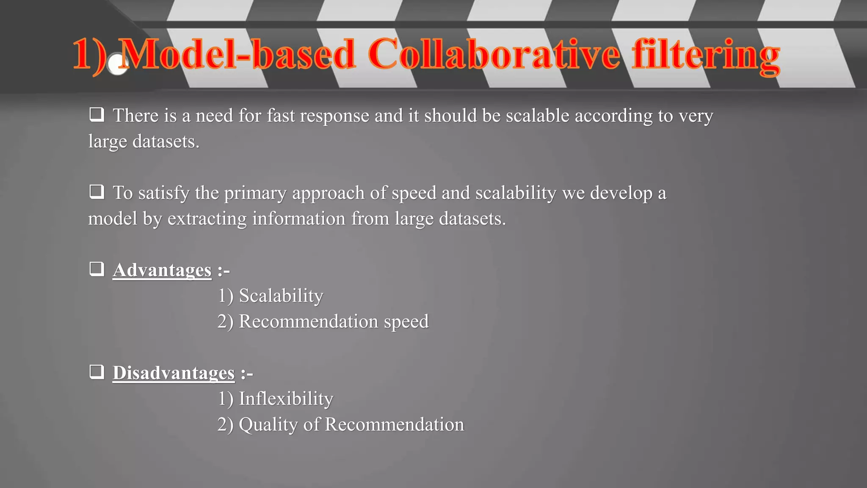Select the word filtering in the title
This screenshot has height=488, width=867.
706,55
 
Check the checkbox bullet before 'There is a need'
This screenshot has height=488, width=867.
97,115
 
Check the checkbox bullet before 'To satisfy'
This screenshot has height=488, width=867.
97,192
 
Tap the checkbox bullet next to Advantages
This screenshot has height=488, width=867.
97,269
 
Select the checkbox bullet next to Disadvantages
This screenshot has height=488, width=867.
97,372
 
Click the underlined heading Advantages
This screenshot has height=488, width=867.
162,270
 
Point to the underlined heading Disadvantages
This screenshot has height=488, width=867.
173,373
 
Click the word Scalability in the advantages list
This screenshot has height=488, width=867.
281,296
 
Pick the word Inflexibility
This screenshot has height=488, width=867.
286,399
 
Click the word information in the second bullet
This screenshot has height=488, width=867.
298,219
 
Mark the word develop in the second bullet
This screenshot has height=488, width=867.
621,193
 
